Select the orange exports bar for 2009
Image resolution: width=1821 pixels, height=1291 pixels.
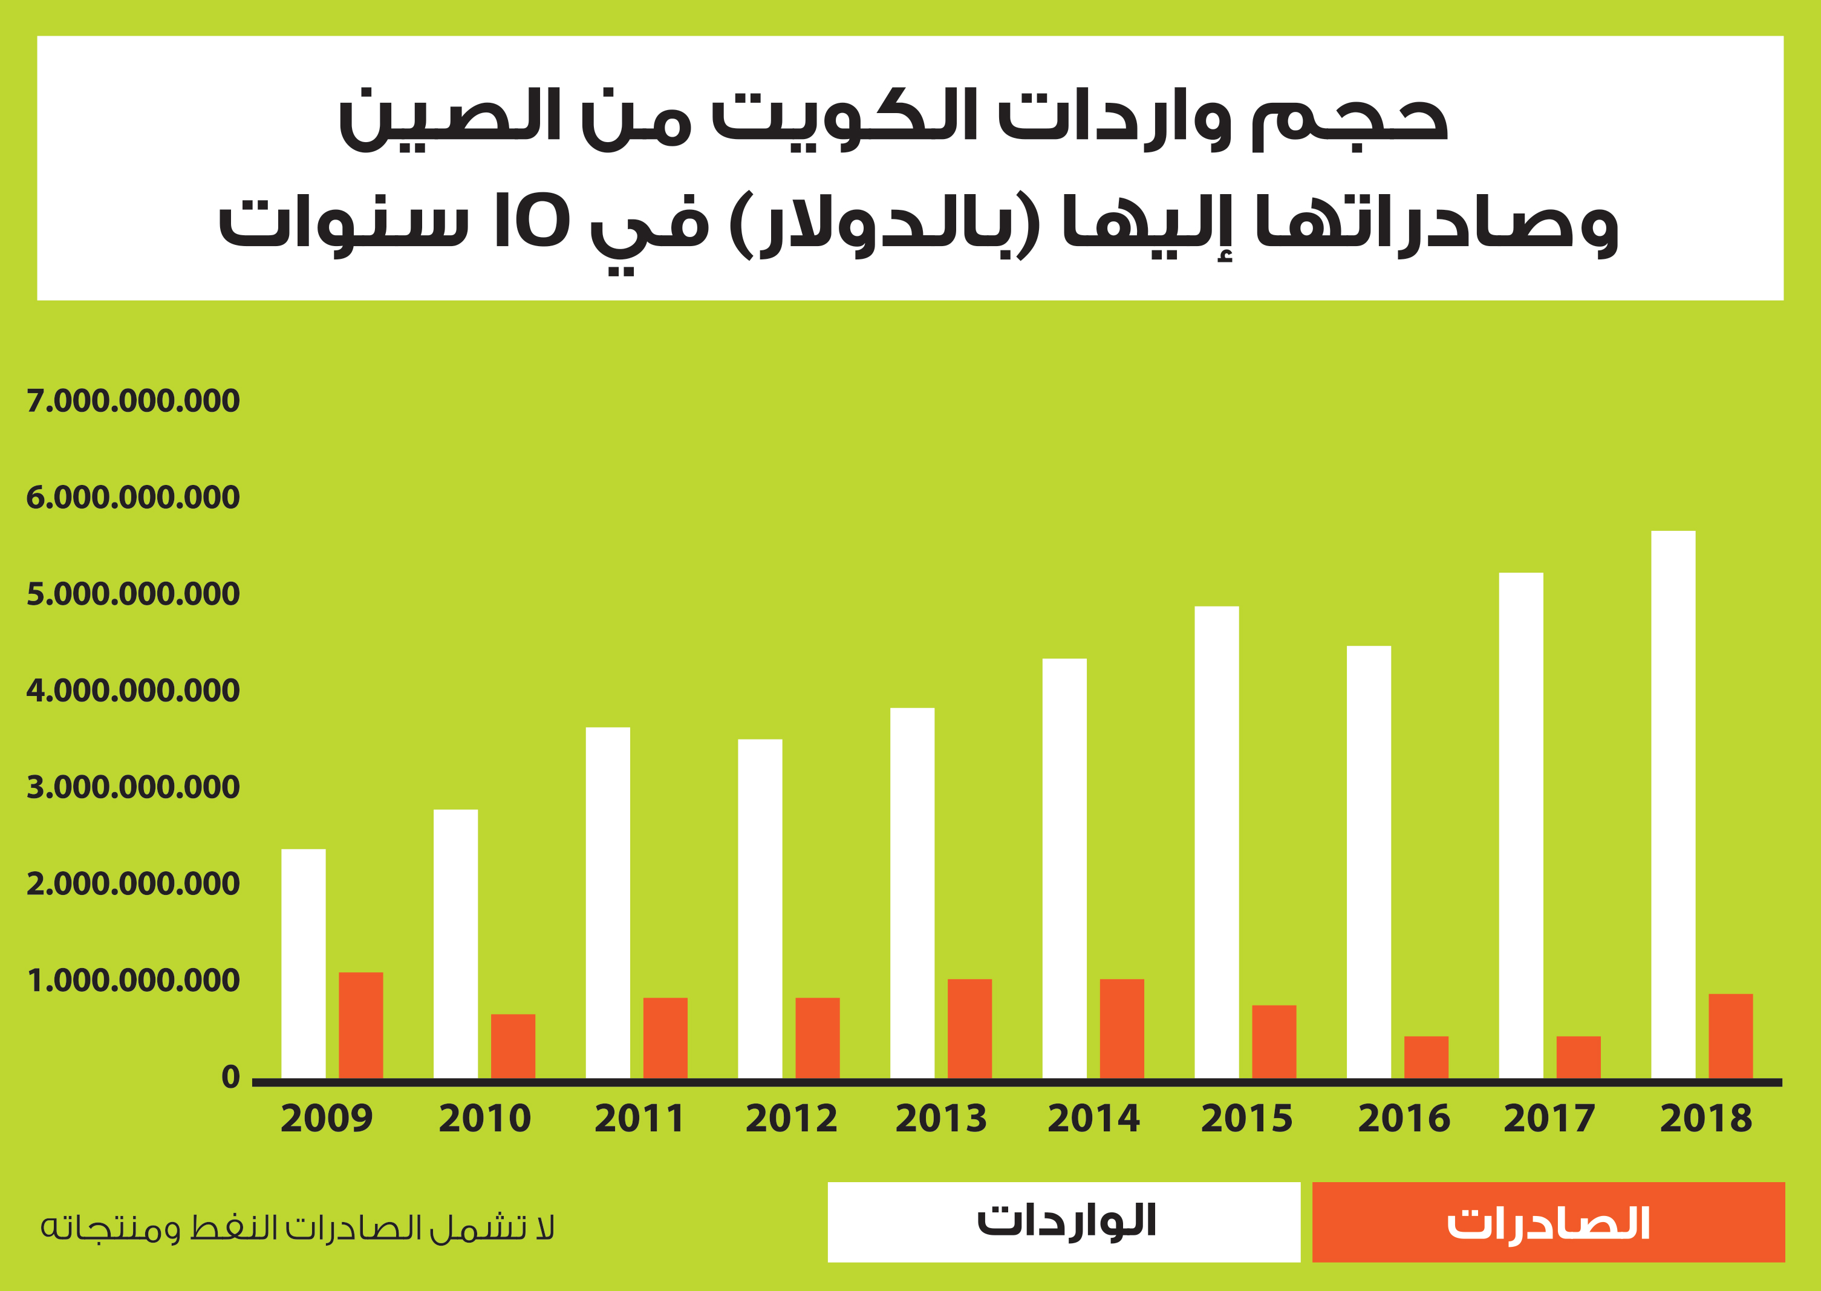tap(361, 1025)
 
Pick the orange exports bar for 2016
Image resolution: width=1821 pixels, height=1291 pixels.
tap(1426, 1056)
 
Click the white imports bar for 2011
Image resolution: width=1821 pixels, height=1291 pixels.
tap(608, 902)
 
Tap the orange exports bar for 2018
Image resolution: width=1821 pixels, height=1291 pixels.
tap(1730, 1036)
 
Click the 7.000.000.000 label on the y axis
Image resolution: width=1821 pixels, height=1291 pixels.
tap(132, 401)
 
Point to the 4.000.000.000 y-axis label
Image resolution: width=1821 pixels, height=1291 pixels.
tap(132, 690)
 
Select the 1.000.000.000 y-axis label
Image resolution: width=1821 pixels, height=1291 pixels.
tap(132, 980)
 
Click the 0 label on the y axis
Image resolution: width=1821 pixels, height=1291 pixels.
tap(230, 1076)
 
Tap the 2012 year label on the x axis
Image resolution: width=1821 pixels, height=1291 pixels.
tap(791, 1119)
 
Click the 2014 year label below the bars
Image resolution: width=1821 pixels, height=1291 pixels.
tap(1093, 1119)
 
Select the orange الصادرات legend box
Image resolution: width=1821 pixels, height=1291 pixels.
tap(1548, 1222)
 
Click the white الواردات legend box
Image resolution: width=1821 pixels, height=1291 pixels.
tap(1063, 1222)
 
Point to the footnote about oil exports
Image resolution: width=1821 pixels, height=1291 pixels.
tap(298, 1228)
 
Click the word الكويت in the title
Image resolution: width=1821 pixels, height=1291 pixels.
tap(844, 118)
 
